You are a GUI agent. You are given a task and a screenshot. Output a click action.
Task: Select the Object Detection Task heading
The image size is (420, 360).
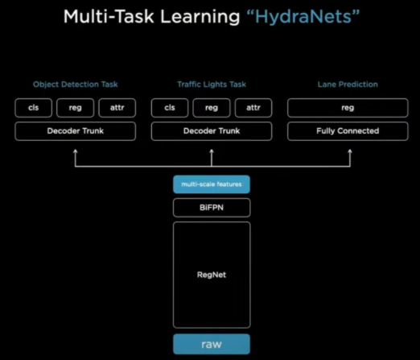(75, 85)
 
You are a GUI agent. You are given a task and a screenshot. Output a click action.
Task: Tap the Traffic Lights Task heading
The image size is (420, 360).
(212, 85)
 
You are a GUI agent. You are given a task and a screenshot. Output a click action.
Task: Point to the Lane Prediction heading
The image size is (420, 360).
(348, 85)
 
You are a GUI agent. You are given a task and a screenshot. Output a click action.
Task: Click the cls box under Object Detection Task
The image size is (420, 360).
(33, 108)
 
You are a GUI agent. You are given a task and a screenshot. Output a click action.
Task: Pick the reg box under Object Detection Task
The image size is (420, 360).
(76, 108)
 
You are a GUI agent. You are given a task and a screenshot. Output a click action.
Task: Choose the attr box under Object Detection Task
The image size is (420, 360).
(117, 108)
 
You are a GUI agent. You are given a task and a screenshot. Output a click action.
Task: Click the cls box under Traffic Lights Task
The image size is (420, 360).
(170, 108)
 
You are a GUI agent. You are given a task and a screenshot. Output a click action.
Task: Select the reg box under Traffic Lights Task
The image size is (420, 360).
(212, 108)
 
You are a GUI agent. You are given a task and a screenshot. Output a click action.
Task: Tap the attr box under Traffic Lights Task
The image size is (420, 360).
(253, 108)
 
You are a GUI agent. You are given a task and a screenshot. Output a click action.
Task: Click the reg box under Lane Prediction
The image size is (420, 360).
(348, 108)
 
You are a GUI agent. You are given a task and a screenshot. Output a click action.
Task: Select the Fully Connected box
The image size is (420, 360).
(348, 130)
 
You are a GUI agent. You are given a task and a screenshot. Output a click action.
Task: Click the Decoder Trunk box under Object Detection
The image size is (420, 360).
(75, 130)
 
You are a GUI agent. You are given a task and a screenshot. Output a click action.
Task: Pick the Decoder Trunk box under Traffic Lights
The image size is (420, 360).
(212, 130)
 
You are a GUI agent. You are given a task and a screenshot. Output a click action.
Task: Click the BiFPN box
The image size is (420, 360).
(212, 208)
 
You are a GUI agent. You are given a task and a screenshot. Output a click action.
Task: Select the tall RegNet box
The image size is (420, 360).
(212, 274)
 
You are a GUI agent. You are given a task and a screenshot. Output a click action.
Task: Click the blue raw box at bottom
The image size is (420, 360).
(212, 344)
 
